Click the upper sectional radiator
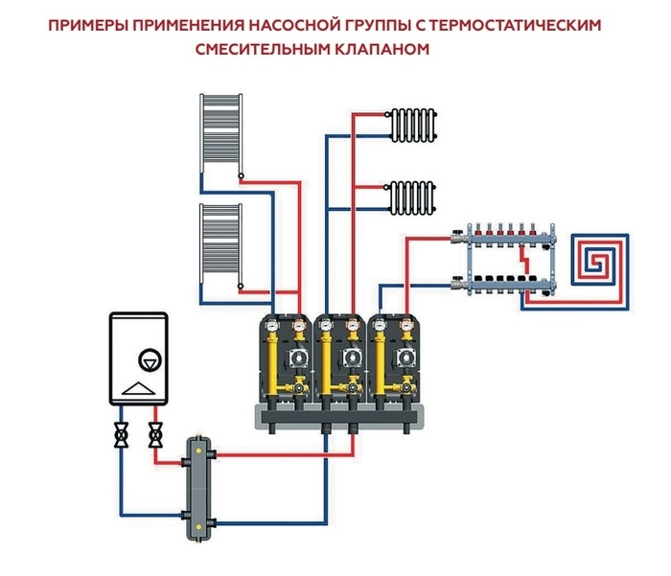pos(411,123)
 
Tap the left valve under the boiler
pos(123,436)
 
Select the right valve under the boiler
pos(154,436)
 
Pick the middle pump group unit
pos(340,362)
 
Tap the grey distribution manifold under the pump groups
pos(340,414)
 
